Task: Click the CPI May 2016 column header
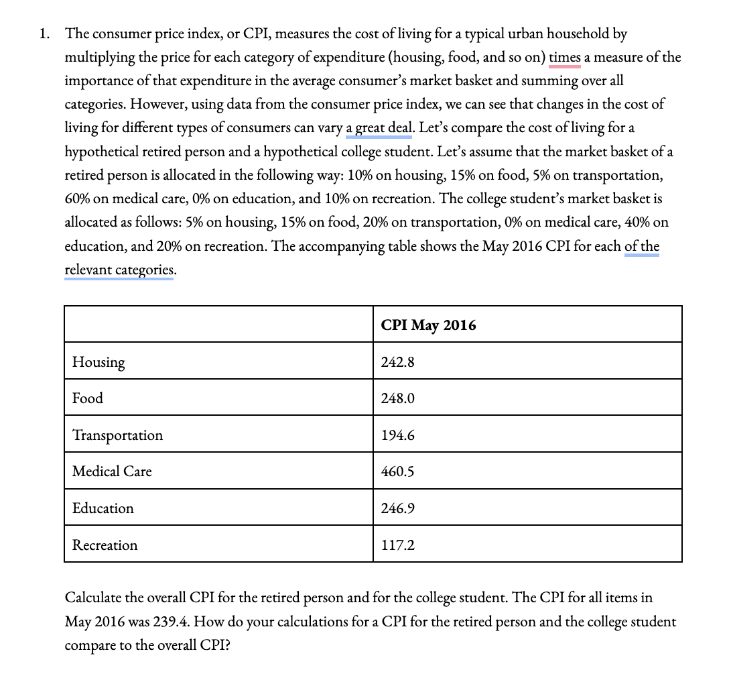pyautogui.click(x=428, y=325)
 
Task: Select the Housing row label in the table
pyautogui.click(x=98, y=362)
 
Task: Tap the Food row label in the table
pyautogui.click(x=88, y=398)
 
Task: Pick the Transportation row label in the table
pyautogui.click(x=117, y=435)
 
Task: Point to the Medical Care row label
pyautogui.click(x=112, y=471)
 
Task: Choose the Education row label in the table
pyautogui.click(x=103, y=508)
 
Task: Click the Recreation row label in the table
pyautogui.click(x=105, y=545)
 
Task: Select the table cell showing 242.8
pyautogui.click(x=397, y=362)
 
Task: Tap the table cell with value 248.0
pyautogui.click(x=397, y=398)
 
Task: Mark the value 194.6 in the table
pyautogui.click(x=397, y=435)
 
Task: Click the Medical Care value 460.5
pyautogui.click(x=397, y=471)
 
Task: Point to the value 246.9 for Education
pyautogui.click(x=397, y=508)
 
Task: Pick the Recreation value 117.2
pyautogui.click(x=397, y=545)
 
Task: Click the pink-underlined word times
pyautogui.click(x=565, y=57)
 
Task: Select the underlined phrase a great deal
pyautogui.click(x=379, y=127)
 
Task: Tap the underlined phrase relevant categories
pyautogui.click(x=119, y=270)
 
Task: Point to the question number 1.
pyautogui.click(x=44, y=34)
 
